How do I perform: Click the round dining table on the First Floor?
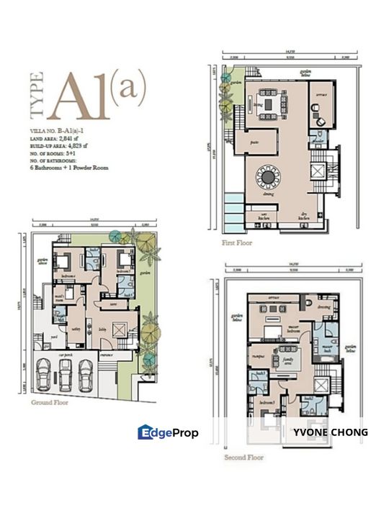(x=270, y=176)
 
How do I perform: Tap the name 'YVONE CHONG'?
(x=331, y=432)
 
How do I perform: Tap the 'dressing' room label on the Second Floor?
(x=323, y=306)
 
